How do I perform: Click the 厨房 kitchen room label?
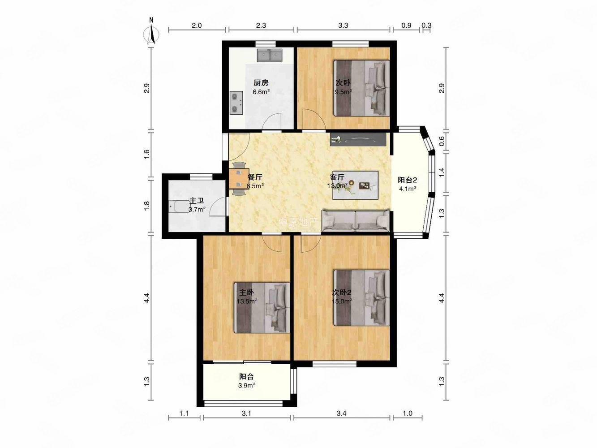tap(261, 82)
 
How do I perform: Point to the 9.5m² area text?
tap(343, 92)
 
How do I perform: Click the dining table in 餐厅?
tap(239, 179)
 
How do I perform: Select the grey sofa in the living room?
tap(356, 220)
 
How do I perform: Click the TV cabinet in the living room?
tap(358, 139)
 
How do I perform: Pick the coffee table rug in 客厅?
tap(355, 185)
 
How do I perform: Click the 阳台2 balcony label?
tap(408, 180)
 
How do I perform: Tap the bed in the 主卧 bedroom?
tap(262, 308)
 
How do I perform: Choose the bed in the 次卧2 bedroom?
tap(362, 297)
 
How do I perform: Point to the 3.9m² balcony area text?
tap(247, 385)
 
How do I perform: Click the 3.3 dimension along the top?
tap(343, 25)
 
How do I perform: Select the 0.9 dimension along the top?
tap(406, 25)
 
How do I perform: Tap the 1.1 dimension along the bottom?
tap(184, 414)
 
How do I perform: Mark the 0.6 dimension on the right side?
tap(442, 141)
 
